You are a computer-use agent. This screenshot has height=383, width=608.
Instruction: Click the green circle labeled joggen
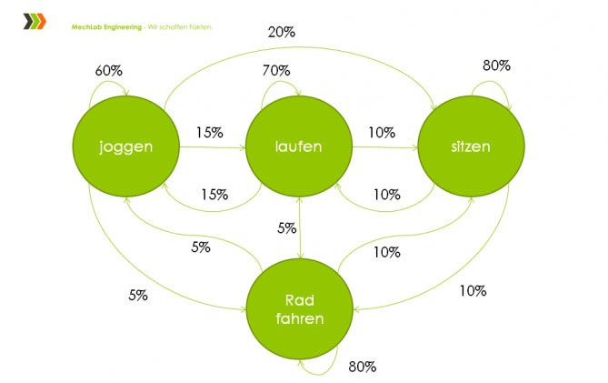126,146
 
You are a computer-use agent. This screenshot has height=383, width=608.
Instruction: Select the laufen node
299,146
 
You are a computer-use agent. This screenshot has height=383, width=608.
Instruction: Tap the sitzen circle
471,146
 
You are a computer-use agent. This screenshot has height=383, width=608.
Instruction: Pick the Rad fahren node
300,309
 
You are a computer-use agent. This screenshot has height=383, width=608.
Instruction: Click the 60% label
108,71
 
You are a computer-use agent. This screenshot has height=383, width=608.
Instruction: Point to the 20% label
282,32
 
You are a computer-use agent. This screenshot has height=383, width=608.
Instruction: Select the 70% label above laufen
276,70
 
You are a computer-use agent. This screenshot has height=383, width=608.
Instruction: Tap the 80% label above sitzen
496,66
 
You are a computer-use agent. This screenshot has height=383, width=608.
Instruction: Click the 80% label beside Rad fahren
362,367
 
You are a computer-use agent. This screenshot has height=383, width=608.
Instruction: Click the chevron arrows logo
35,21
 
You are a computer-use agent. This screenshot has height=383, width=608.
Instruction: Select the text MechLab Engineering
106,27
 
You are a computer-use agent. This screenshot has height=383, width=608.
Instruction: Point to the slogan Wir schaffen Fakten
180,27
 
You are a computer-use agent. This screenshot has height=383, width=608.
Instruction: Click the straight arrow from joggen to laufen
213,147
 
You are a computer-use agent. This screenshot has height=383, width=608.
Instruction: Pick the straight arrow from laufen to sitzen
385,147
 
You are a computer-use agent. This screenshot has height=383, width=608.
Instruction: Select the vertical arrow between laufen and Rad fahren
300,227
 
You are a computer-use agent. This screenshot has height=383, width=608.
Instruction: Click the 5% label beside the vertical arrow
286,227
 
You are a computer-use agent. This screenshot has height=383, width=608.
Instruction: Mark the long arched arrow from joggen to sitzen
299,47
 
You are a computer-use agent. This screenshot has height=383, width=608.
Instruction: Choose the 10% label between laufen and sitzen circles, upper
382,133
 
